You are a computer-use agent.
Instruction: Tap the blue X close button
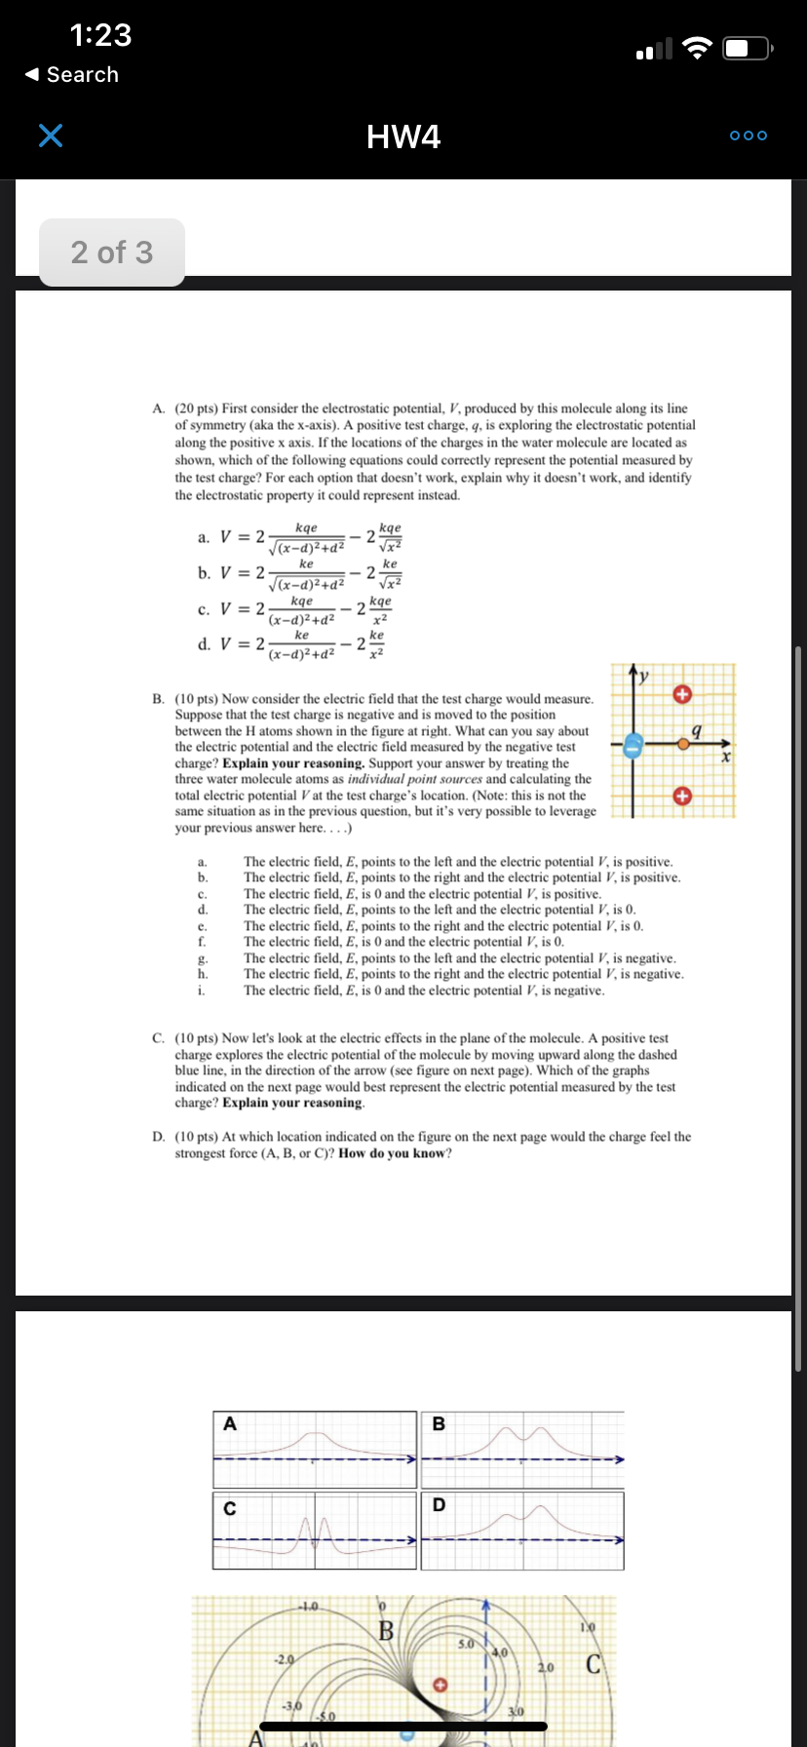[x=51, y=136]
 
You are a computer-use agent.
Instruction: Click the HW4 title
[x=403, y=136]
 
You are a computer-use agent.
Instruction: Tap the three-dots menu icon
[x=749, y=136]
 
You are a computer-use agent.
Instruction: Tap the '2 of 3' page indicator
[x=112, y=252]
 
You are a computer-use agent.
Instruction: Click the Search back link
[x=73, y=75]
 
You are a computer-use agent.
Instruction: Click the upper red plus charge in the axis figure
[x=682, y=694]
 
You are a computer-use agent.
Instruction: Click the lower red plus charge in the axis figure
[x=682, y=796]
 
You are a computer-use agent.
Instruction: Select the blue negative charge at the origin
[x=633, y=746]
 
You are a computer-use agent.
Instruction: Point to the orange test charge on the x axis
[x=684, y=744]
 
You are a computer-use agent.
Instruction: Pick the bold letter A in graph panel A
[x=230, y=1423]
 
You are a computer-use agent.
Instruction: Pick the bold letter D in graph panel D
[x=439, y=1505]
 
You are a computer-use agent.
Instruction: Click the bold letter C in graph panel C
[x=230, y=1508]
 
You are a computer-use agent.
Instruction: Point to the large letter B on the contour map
[x=386, y=1630]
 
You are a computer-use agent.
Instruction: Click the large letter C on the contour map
[x=593, y=1664]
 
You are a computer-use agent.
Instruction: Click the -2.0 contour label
[x=284, y=1658]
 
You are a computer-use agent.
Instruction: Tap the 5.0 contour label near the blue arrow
[x=467, y=1644]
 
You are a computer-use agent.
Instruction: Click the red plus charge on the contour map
[x=440, y=1684]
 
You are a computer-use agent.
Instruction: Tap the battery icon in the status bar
[x=748, y=48]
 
